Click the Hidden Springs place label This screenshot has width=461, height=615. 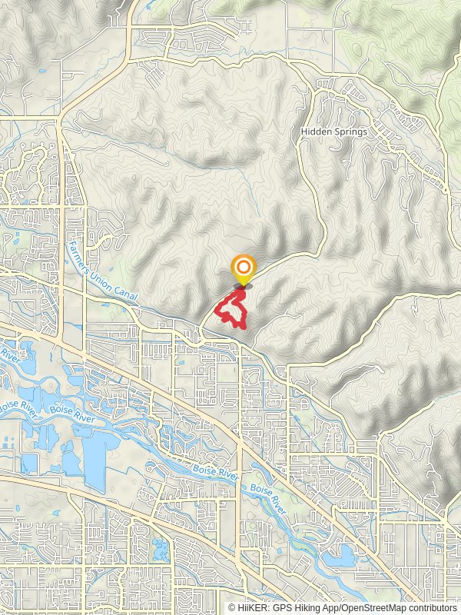click(334, 131)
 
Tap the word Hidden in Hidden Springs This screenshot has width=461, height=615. click(317, 131)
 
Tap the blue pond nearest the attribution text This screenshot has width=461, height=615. click(342, 555)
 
